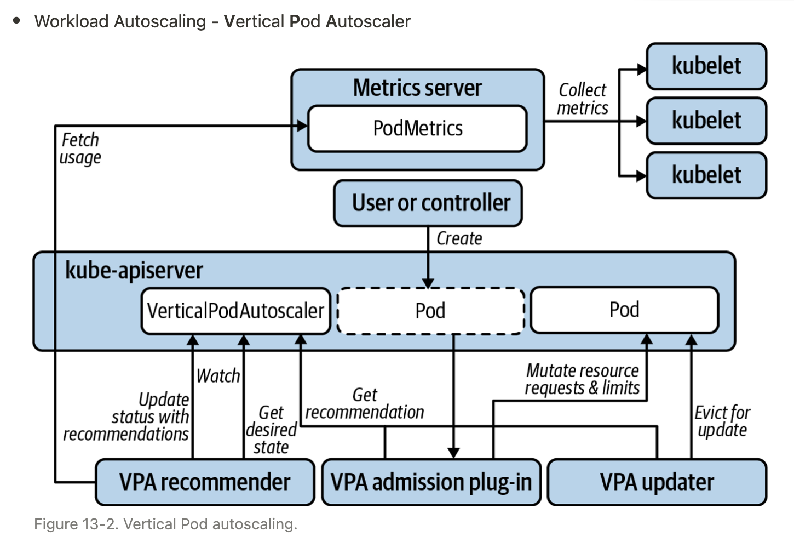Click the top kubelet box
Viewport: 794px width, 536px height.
706,66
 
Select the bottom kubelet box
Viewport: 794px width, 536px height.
706,175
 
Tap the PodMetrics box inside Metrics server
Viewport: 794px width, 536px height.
417,128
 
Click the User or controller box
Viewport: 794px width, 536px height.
428,203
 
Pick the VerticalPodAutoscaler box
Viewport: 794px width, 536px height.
236,311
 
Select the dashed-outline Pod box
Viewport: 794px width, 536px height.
430,311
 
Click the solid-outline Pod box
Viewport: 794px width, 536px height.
624,310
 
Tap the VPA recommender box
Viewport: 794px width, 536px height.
205,482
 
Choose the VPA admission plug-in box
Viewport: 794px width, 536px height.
431,482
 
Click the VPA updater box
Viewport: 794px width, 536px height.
657,482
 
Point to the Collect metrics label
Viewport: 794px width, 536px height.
583,99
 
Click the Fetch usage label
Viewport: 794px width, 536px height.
80,149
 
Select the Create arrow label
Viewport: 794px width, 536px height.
459,238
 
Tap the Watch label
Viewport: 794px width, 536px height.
218,376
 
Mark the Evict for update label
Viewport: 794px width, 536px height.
722,421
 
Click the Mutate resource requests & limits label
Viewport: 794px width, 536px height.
582,379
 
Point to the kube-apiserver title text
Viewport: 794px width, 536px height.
134,270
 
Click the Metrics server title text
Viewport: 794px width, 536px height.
417,88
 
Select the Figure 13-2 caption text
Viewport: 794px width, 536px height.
165,524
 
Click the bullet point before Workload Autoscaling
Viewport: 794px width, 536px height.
16,21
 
